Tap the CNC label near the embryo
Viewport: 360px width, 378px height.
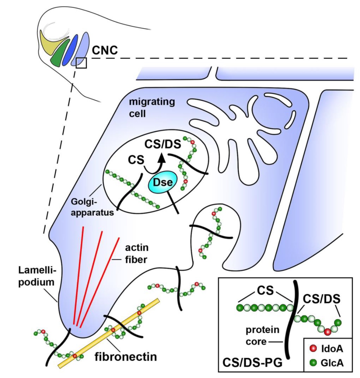[105, 51]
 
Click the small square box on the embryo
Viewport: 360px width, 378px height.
[81, 63]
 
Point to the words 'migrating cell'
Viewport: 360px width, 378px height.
[152, 107]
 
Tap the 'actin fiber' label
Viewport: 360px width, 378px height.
[136, 253]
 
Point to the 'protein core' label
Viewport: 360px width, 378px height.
[258, 335]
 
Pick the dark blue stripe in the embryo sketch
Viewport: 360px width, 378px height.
[71, 50]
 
